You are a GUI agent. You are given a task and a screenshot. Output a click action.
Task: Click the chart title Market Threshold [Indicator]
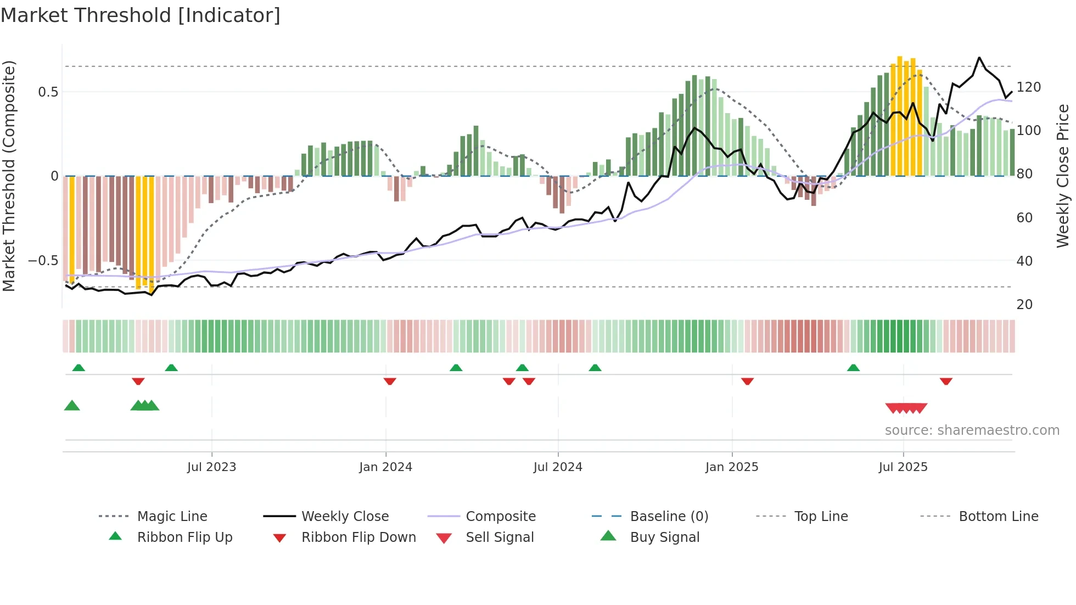tap(141, 15)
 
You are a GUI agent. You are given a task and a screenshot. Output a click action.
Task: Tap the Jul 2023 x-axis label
tap(211, 467)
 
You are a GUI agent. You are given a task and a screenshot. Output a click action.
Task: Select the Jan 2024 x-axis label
tap(385, 467)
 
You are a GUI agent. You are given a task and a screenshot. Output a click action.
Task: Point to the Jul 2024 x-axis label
tap(558, 467)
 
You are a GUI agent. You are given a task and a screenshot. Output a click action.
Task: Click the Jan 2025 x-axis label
tap(732, 467)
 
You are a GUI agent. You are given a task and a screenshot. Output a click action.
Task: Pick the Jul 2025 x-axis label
tap(903, 467)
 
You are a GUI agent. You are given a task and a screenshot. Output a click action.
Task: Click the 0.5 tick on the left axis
tap(48, 92)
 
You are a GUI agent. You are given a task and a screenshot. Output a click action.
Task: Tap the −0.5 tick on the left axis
tap(43, 260)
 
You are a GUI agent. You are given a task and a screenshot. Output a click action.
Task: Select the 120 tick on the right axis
tap(1029, 87)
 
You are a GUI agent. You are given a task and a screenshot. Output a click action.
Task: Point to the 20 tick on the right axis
tap(1024, 305)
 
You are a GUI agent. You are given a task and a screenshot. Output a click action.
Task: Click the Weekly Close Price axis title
tap(1063, 176)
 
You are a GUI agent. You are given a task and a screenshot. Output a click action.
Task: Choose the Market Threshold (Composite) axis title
tap(9, 176)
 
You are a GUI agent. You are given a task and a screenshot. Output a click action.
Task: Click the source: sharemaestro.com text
tap(972, 430)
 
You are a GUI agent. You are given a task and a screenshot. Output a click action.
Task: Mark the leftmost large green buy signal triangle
tap(72, 406)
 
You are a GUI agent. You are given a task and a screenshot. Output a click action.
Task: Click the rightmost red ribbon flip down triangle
tap(946, 381)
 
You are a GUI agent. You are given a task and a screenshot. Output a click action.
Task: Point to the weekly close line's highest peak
tap(979, 57)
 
